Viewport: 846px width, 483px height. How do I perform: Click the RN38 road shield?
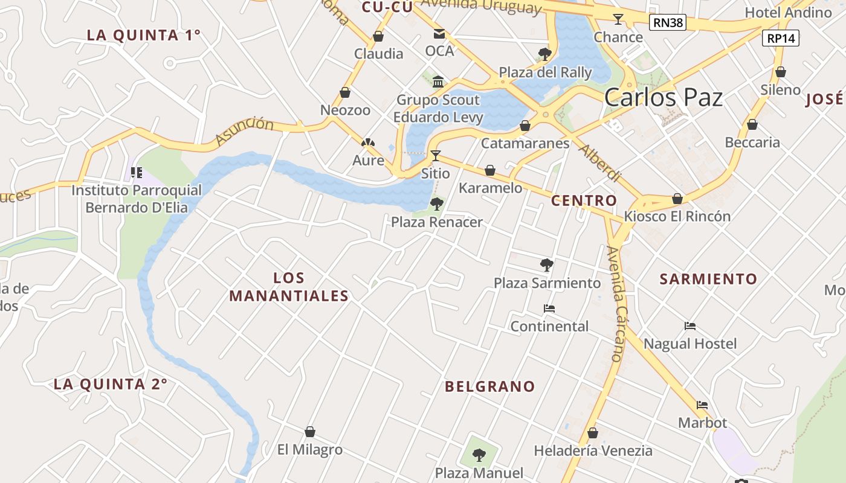pyautogui.click(x=668, y=23)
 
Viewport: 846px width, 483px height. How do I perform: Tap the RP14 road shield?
pyautogui.click(x=781, y=38)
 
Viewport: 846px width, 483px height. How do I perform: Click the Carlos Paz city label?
pyautogui.click(x=664, y=97)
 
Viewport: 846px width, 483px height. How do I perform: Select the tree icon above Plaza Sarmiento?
pyautogui.click(x=546, y=264)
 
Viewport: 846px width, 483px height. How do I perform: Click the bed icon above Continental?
pyautogui.click(x=549, y=309)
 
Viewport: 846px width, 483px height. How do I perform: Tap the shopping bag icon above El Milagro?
pyautogui.click(x=310, y=432)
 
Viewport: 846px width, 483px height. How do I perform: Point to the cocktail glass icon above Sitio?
pyautogui.click(x=435, y=155)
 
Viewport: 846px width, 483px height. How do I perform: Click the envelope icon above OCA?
pyautogui.click(x=439, y=34)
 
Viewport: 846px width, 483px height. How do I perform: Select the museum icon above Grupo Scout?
pyautogui.click(x=438, y=82)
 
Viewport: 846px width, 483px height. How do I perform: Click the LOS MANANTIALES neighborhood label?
pyautogui.click(x=289, y=287)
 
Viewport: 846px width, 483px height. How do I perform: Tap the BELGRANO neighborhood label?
pyautogui.click(x=490, y=386)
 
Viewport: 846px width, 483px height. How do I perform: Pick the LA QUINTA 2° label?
pyautogui.click(x=110, y=384)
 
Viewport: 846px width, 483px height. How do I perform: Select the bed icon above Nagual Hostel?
pyautogui.click(x=690, y=326)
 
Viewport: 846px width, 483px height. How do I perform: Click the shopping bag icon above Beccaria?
pyautogui.click(x=752, y=124)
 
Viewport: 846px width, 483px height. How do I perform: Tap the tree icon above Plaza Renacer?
pyautogui.click(x=436, y=203)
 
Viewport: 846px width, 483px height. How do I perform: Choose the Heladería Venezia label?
pyautogui.click(x=593, y=450)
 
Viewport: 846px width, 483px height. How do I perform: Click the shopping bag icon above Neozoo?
pyautogui.click(x=345, y=92)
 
